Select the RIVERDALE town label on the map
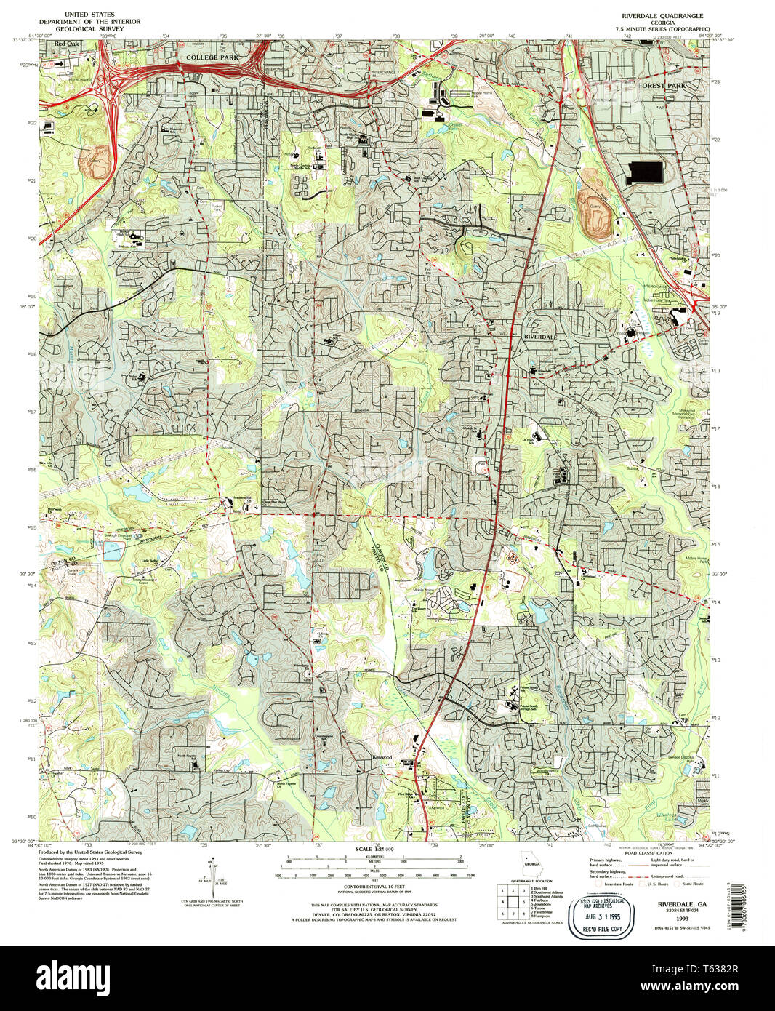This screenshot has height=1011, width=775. (540, 337)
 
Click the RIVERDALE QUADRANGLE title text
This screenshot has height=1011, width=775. (662, 15)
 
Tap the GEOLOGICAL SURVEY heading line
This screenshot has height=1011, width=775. (92, 28)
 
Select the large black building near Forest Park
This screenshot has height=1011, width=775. (644, 172)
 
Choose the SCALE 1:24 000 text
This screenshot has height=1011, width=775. (374, 850)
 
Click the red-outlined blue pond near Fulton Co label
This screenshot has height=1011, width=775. (112, 551)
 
